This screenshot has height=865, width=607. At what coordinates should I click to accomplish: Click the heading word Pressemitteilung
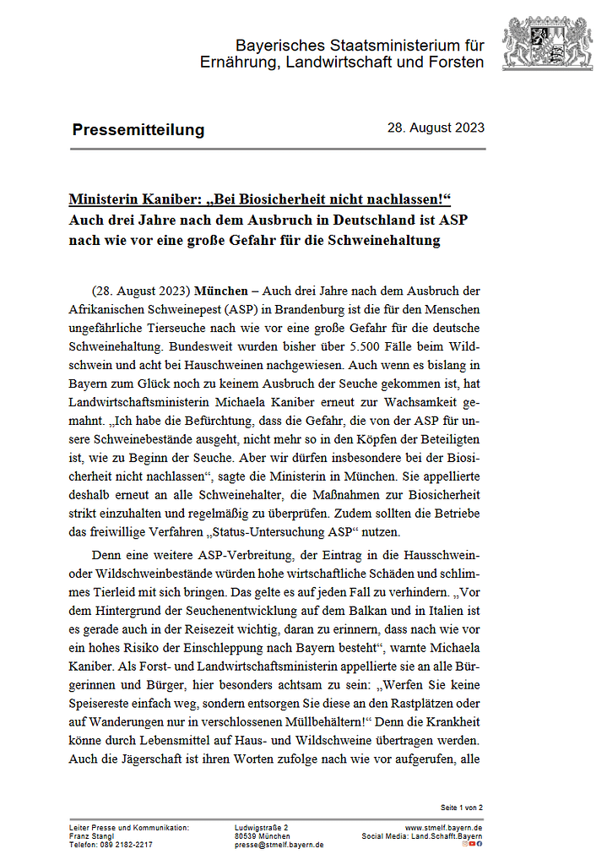pos(138,129)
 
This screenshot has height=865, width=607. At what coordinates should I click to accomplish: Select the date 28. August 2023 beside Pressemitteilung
pos(436,128)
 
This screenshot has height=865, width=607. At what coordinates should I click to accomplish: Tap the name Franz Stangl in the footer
pos(92,835)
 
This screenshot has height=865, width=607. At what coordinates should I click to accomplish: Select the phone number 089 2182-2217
pos(126,844)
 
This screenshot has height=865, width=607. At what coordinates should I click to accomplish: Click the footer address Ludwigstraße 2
pos(262,827)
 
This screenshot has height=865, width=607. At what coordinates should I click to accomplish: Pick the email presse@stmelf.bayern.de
pos(279,844)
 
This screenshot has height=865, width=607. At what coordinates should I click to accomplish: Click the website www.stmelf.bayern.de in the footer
pos(444,827)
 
